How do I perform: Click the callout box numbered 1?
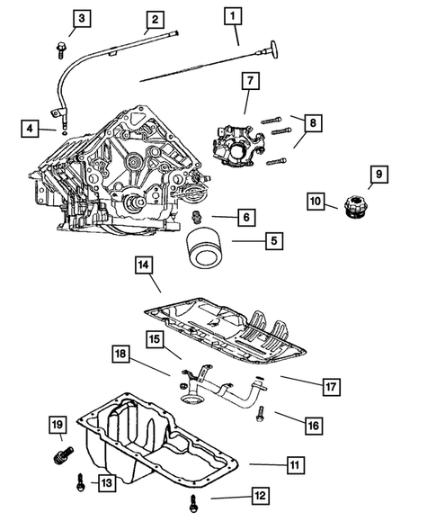pos(234,15)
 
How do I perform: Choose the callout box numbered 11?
pos(294,465)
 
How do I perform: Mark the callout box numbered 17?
pos(331,384)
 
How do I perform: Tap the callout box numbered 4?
pos(32,130)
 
